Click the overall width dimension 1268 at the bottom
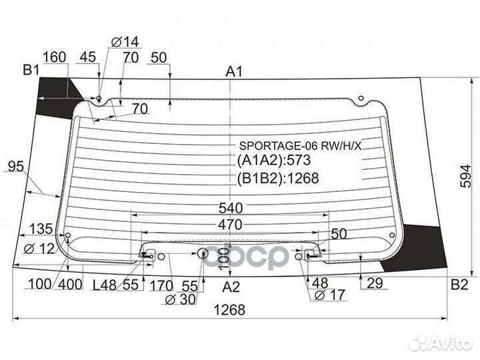click(229, 310)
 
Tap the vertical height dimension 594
click(467, 176)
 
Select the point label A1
click(234, 71)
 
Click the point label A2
click(231, 287)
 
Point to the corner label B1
click(31, 71)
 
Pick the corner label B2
click(459, 285)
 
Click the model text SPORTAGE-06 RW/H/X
click(300, 146)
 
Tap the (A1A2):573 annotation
click(274, 160)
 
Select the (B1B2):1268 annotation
click(278, 178)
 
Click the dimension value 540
click(231, 208)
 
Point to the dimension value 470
click(230, 225)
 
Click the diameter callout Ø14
click(125, 41)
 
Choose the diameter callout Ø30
click(180, 299)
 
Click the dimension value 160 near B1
click(55, 57)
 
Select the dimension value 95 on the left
click(15, 167)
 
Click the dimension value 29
click(375, 283)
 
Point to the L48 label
click(105, 285)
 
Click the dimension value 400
click(70, 285)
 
